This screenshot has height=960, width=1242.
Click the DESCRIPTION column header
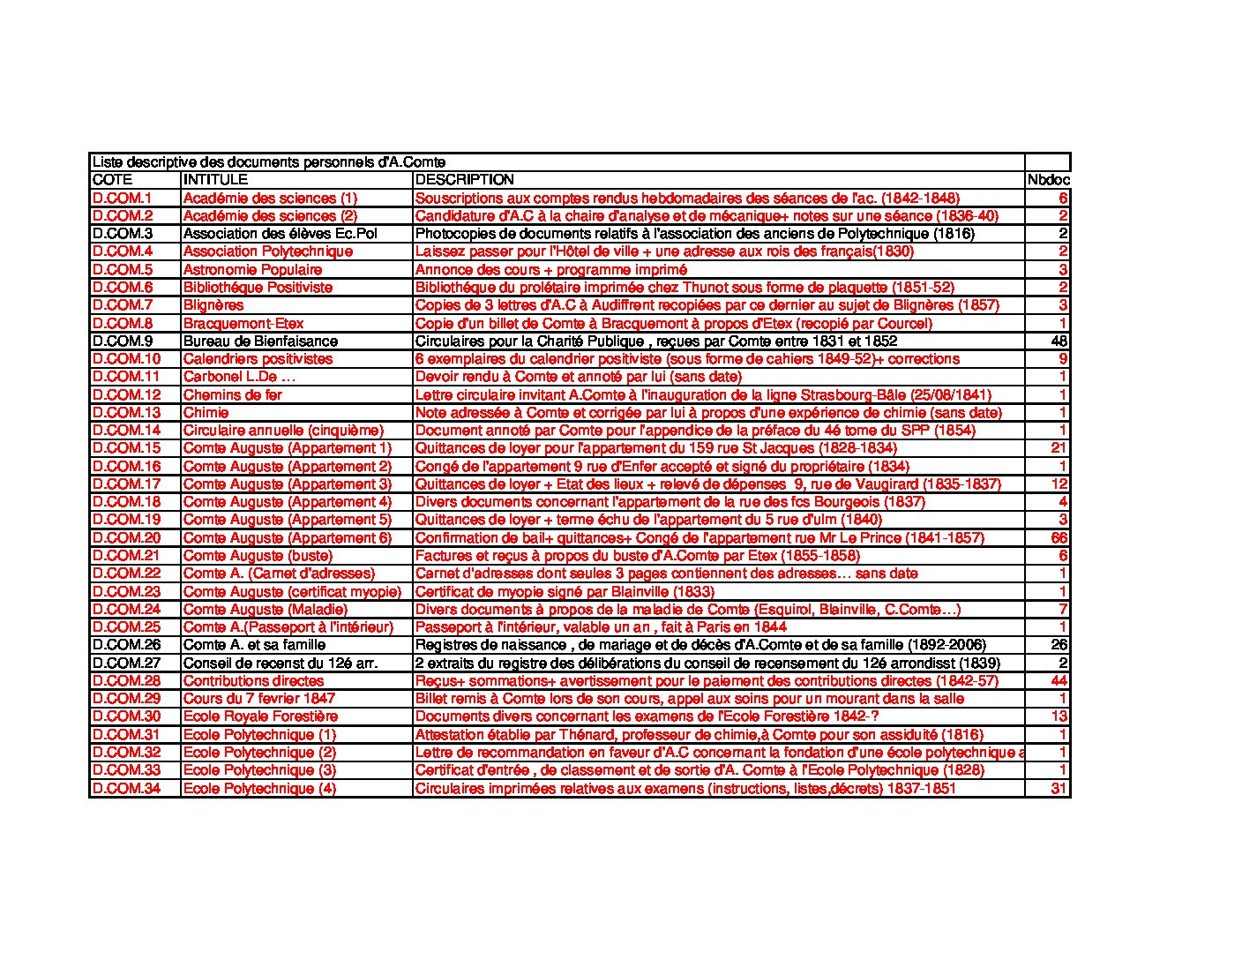pyautogui.click(x=464, y=180)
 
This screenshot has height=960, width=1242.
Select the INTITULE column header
pyautogui.click(x=215, y=180)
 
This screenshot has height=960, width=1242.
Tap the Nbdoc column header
pyautogui.click(x=1048, y=180)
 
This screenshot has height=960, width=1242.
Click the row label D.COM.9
pyautogui.click(x=123, y=341)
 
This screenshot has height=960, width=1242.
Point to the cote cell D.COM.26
pyautogui.click(x=126, y=645)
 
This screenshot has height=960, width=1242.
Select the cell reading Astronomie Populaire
pyautogui.click(x=252, y=269)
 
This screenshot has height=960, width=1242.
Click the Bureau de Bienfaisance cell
pyautogui.click(x=260, y=341)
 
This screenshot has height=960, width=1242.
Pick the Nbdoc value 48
pyautogui.click(x=1059, y=341)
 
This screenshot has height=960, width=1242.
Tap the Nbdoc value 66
pyautogui.click(x=1059, y=537)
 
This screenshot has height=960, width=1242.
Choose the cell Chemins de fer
pyautogui.click(x=232, y=394)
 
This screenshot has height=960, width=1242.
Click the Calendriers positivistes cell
pyautogui.click(x=258, y=359)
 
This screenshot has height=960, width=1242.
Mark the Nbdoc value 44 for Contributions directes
pyautogui.click(x=1059, y=681)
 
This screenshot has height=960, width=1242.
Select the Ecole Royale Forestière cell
pyautogui.click(x=260, y=716)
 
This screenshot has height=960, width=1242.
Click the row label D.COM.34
pyautogui.click(x=126, y=788)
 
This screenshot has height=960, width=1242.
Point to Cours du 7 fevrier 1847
pyautogui.click(x=259, y=699)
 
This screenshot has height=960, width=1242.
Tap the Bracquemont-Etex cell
pyautogui.click(x=243, y=323)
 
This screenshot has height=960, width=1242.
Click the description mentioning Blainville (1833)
pyautogui.click(x=565, y=591)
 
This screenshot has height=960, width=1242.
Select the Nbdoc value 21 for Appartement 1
pyautogui.click(x=1059, y=448)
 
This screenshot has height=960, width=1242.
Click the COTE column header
pyautogui.click(x=112, y=180)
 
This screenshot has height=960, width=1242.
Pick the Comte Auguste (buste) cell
pyautogui.click(x=258, y=556)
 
